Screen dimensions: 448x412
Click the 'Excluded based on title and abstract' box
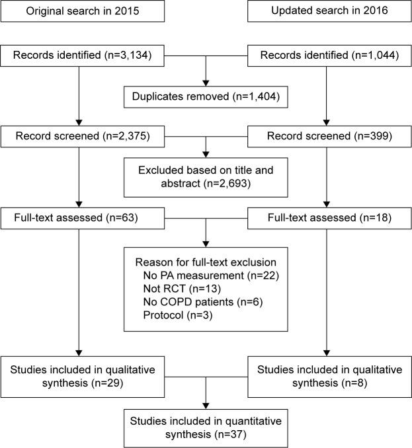(x=206, y=176)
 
